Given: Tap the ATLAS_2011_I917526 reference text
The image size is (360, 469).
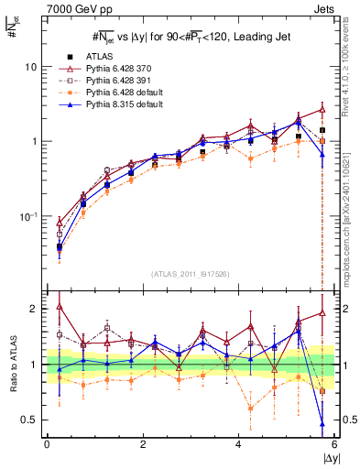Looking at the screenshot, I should click(x=191, y=274).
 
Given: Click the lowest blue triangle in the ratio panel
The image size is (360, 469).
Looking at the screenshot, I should click(x=322, y=423).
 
